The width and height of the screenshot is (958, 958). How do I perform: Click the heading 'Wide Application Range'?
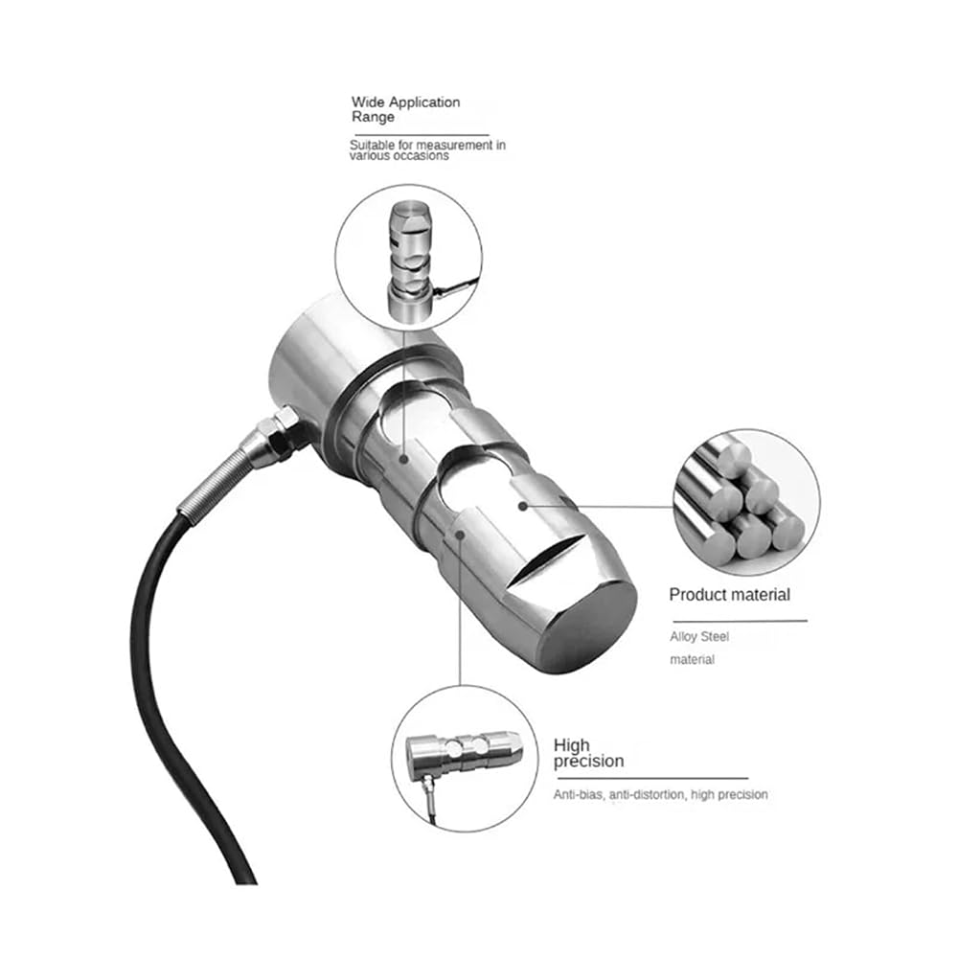coord(405,109)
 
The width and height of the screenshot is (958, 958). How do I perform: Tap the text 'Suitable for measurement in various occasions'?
coord(427,150)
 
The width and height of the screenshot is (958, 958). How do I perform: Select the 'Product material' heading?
coord(729,595)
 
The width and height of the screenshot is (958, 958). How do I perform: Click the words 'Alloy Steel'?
coord(699,637)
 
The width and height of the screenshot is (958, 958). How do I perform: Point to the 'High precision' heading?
coord(588,753)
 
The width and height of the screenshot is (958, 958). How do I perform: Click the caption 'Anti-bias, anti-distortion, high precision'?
coord(660,794)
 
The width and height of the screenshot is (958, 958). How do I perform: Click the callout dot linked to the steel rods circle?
coord(522,506)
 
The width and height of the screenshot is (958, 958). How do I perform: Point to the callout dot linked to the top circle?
coord(403,459)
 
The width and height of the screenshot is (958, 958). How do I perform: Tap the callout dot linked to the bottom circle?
coord(461,535)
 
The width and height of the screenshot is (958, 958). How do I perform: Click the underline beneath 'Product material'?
coord(740,621)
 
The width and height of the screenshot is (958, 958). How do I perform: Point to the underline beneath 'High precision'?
coord(651,778)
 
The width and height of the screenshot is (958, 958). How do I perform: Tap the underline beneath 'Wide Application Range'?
coord(422,134)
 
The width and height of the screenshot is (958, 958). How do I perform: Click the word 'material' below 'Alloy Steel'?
coord(693,660)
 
